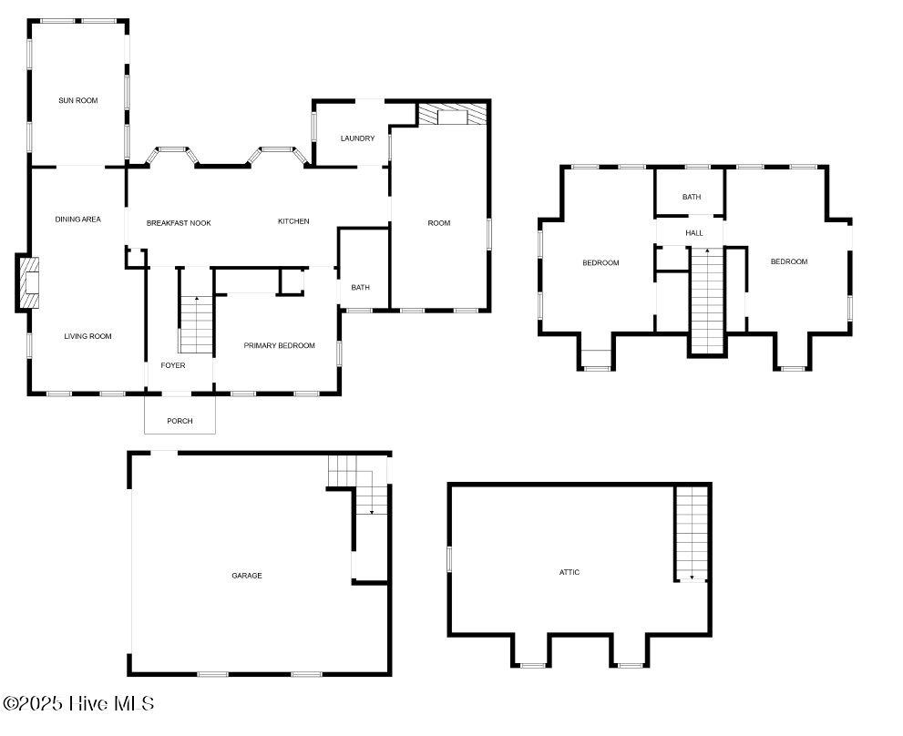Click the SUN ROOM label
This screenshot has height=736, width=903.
77,100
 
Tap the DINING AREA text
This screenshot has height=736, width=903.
77,219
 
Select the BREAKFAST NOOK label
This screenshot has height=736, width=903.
179,222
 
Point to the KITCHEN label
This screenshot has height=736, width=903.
293,221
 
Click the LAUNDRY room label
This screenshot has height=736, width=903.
357,138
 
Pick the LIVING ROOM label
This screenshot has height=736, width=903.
87,336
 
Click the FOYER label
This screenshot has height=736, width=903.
173,365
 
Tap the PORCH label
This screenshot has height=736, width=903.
180,421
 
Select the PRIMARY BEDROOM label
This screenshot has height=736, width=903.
279,345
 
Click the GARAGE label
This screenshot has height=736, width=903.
246,576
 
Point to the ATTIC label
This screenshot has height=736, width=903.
570,572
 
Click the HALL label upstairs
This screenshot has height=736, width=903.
694,233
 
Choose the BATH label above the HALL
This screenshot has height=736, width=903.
692,197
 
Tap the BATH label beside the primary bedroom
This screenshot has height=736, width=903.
361,288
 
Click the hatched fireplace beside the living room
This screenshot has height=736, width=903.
29,284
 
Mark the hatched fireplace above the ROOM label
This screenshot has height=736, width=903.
452,115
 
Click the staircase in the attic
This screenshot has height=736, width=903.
692,534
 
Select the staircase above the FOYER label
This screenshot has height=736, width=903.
195,323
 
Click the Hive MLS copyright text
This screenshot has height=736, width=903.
78,703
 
